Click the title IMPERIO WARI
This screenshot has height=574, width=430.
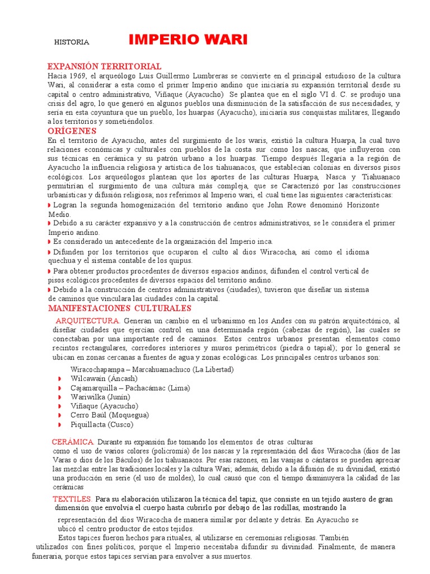coord(188,40)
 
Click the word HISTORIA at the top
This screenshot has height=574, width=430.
coord(71,42)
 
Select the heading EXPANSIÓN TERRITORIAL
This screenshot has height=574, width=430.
coord(104,66)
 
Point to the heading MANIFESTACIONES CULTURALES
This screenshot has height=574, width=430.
coord(119,308)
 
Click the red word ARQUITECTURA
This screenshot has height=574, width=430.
coord(88,321)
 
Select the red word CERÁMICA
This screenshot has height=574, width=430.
coord(73,442)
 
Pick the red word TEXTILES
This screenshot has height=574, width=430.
coord(72,499)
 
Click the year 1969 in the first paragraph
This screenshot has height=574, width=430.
coord(79,76)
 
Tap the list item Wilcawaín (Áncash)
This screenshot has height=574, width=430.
coord(104,378)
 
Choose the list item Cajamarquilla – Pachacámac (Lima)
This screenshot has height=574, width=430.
coord(130,388)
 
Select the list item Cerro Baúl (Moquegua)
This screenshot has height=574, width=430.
coord(110,415)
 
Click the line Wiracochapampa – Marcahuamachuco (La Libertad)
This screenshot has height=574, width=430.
coord(152,369)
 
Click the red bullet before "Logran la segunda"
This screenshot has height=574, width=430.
coord(50,206)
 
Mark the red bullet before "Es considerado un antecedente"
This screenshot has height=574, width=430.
coord(50,242)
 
